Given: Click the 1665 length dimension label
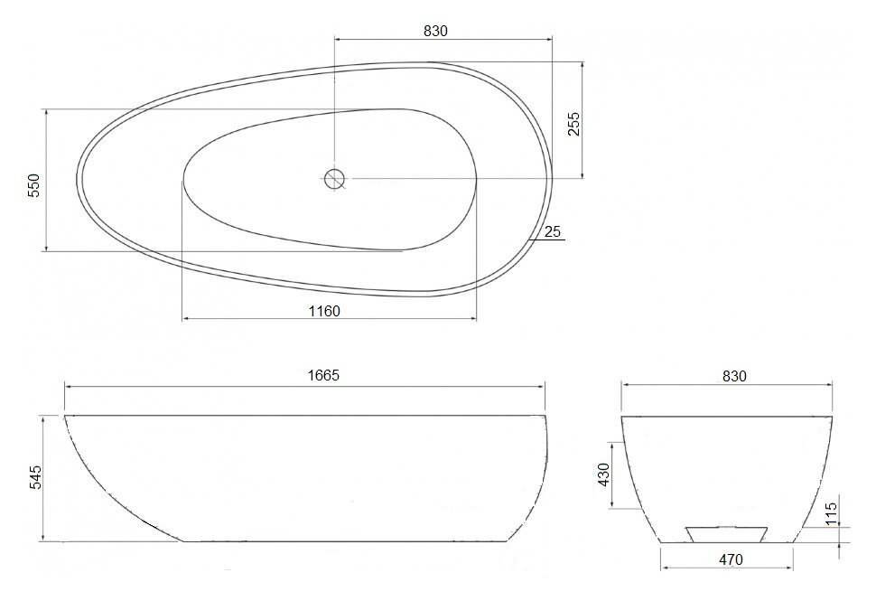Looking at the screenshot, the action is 323,375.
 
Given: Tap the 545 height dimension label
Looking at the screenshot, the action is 35,477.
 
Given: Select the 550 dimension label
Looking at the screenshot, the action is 34,185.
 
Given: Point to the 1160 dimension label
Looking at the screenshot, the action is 324,311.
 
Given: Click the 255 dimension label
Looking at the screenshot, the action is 573,124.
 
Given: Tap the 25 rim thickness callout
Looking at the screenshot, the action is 552,231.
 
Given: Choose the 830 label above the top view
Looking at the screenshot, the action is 435,32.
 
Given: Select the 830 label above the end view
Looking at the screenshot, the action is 734,376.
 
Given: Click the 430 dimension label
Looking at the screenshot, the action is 604,474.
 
